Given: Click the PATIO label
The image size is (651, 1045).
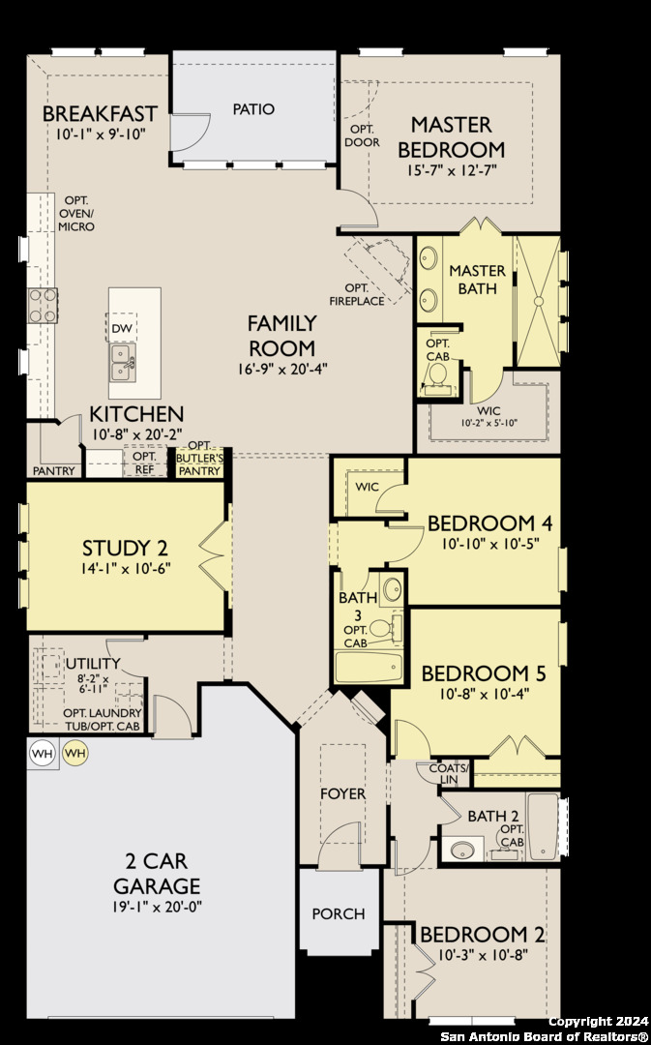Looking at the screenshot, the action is [253, 108].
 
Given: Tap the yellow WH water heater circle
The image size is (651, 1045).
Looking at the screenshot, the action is [75, 753].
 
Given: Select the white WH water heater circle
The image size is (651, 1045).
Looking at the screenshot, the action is [42, 753].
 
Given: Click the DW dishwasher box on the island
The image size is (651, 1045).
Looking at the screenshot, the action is [121, 328].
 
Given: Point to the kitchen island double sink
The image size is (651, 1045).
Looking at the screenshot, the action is [123, 363].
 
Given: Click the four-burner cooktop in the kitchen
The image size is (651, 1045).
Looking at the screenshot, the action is [42, 306].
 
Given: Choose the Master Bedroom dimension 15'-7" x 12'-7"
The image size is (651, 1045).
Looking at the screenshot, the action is [452, 170].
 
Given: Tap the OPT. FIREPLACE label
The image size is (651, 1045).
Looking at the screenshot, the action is [357, 294].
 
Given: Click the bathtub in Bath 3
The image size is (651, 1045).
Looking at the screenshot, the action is [370, 667].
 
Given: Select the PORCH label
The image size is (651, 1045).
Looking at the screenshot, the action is [339, 913].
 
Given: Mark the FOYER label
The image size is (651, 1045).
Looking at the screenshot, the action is [343, 793].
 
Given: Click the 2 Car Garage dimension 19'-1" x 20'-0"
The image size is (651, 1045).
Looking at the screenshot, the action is [157, 907].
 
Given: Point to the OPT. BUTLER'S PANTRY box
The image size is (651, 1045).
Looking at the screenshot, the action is [199, 461].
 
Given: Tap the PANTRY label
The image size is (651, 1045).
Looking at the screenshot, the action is [54, 470].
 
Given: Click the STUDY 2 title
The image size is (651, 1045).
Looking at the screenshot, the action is [126, 548].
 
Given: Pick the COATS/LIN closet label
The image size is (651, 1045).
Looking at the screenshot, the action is [449, 774].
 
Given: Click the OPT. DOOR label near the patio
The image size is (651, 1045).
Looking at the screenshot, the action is [362, 135].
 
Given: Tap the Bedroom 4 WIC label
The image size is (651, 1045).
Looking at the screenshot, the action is [367, 487].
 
